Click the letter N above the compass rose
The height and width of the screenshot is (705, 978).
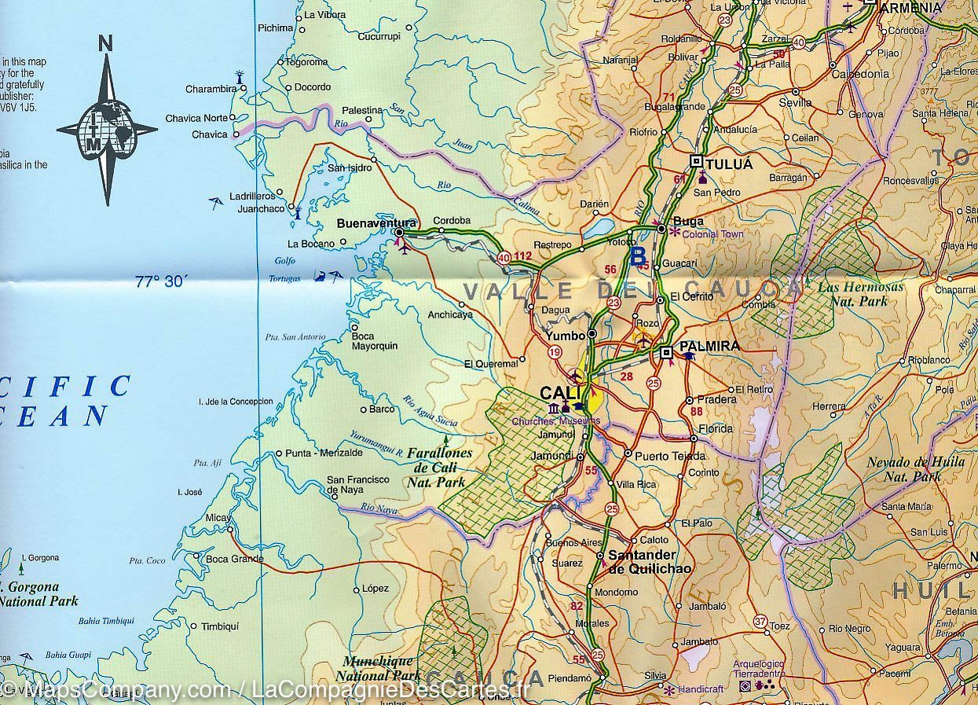pyautogui.click(x=106, y=42)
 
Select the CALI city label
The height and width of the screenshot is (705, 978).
pyautogui.click(x=560, y=392)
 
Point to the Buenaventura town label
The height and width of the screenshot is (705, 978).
pyautogui.click(x=376, y=222)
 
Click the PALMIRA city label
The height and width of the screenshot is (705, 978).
pyautogui.click(x=710, y=346)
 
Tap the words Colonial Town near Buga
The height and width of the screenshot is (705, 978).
pyautogui.click(x=712, y=233)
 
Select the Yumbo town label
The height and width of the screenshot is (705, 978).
pyautogui.click(x=566, y=336)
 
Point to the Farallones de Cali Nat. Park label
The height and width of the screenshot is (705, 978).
pyautogui.click(x=439, y=468)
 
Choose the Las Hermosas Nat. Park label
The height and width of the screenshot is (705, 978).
pyautogui.click(x=860, y=294)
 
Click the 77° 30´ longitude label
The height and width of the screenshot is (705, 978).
pyautogui.click(x=160, y=281)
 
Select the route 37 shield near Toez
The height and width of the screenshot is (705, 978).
pyautogui.click(x=760, y=621)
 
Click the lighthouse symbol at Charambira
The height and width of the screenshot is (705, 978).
pyautogui.click(x=240, y=76)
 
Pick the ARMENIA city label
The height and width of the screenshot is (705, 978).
pyautogui.click(x=910, y=7)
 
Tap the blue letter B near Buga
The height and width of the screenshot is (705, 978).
pyautogui.click(x=639, y=255)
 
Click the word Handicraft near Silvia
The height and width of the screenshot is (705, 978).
pyautogui.click(x=705, y=689)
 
